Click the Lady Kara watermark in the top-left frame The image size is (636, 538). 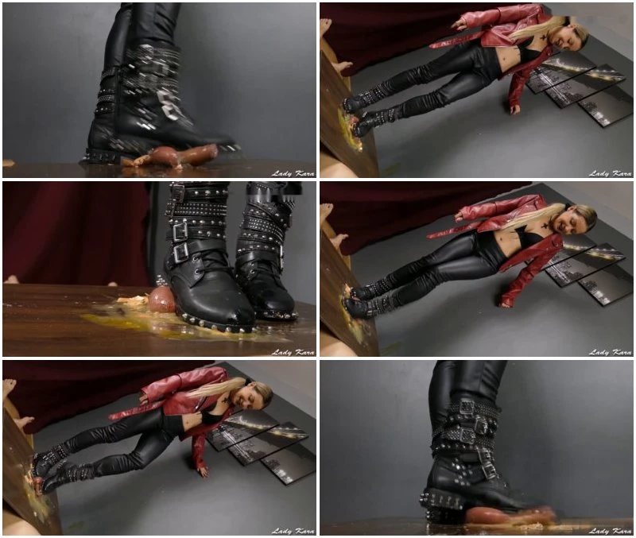(293, 173)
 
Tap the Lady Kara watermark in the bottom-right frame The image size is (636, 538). (611, 531)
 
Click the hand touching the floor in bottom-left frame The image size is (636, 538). (203, 471)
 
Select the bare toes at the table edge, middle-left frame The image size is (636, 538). (11, 280)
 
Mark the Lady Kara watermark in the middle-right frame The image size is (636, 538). (611, 352)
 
